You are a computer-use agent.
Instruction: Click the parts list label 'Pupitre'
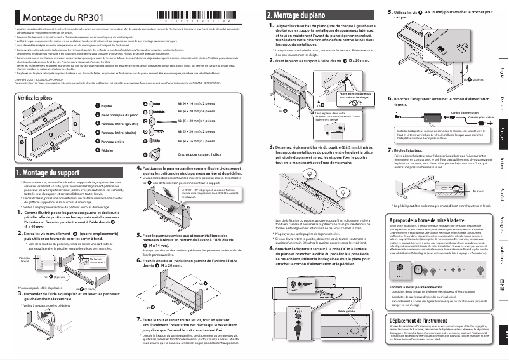coord(107,107)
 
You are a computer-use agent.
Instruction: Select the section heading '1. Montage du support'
coord(47,172)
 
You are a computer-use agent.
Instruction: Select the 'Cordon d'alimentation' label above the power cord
coord(447,112)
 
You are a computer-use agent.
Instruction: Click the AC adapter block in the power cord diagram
coord(420,119)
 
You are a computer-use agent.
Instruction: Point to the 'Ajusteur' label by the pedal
coord(479,191)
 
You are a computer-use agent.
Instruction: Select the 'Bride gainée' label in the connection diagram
coord(347,294)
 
